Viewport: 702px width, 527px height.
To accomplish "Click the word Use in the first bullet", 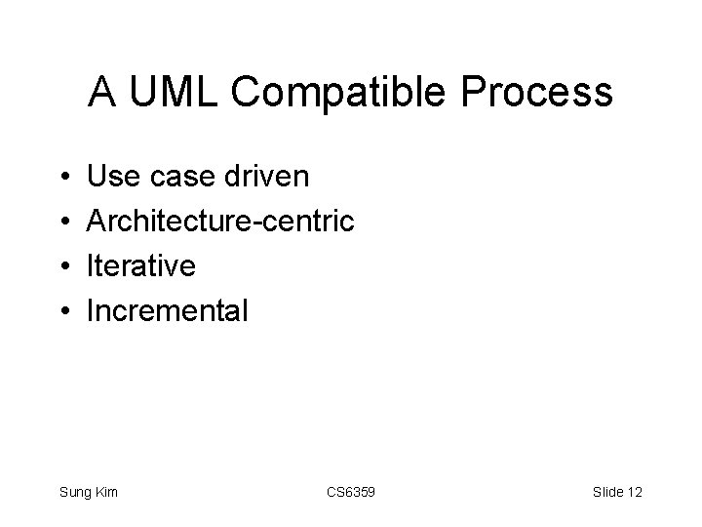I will click(110, 177).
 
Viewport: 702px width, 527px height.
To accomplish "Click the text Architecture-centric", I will click(220, 222).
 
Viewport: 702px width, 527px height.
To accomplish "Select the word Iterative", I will click(141, 265).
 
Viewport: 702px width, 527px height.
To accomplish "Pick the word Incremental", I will click(168, 311).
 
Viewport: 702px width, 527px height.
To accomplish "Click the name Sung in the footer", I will click(75, 493).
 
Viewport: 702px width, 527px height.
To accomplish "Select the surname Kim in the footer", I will click(106, 492).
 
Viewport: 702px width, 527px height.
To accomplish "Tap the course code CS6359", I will click(350, 492).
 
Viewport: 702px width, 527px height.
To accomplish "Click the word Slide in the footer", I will click(606, 492).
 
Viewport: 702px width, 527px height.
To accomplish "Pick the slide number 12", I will click(635, 492).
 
